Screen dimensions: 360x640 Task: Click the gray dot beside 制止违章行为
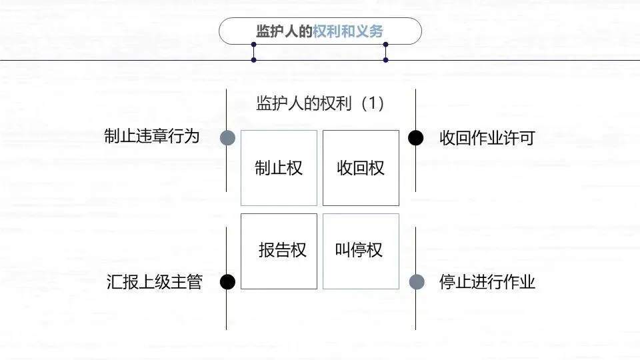(228, 137)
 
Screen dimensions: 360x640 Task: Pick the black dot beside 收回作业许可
(415, 138)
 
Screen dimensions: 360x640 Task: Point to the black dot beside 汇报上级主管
(228, 282)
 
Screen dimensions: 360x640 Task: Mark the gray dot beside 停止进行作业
(416, 282)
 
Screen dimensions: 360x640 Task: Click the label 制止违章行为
(152, 137)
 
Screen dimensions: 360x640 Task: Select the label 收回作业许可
(487, 138)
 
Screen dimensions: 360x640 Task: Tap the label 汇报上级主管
(154, 282)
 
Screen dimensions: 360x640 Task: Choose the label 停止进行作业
(487, 282)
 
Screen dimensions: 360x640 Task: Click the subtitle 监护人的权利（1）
(320, 103)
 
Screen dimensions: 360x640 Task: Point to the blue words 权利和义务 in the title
(349, 31)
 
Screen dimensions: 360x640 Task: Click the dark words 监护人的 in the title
(285, 31)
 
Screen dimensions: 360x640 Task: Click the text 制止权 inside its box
(279, 168)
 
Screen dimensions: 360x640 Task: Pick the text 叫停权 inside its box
(359, 250)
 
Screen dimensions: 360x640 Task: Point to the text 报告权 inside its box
(283, 250)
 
